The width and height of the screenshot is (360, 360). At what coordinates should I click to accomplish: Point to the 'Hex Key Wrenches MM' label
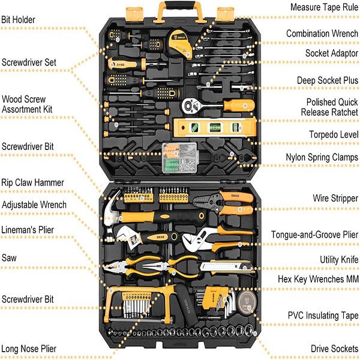[x=318, y=279]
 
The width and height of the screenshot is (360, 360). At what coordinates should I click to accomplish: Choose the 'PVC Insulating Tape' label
[x=323, y=315]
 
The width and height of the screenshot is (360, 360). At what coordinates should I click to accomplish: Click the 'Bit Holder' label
[x=18, y=20]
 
